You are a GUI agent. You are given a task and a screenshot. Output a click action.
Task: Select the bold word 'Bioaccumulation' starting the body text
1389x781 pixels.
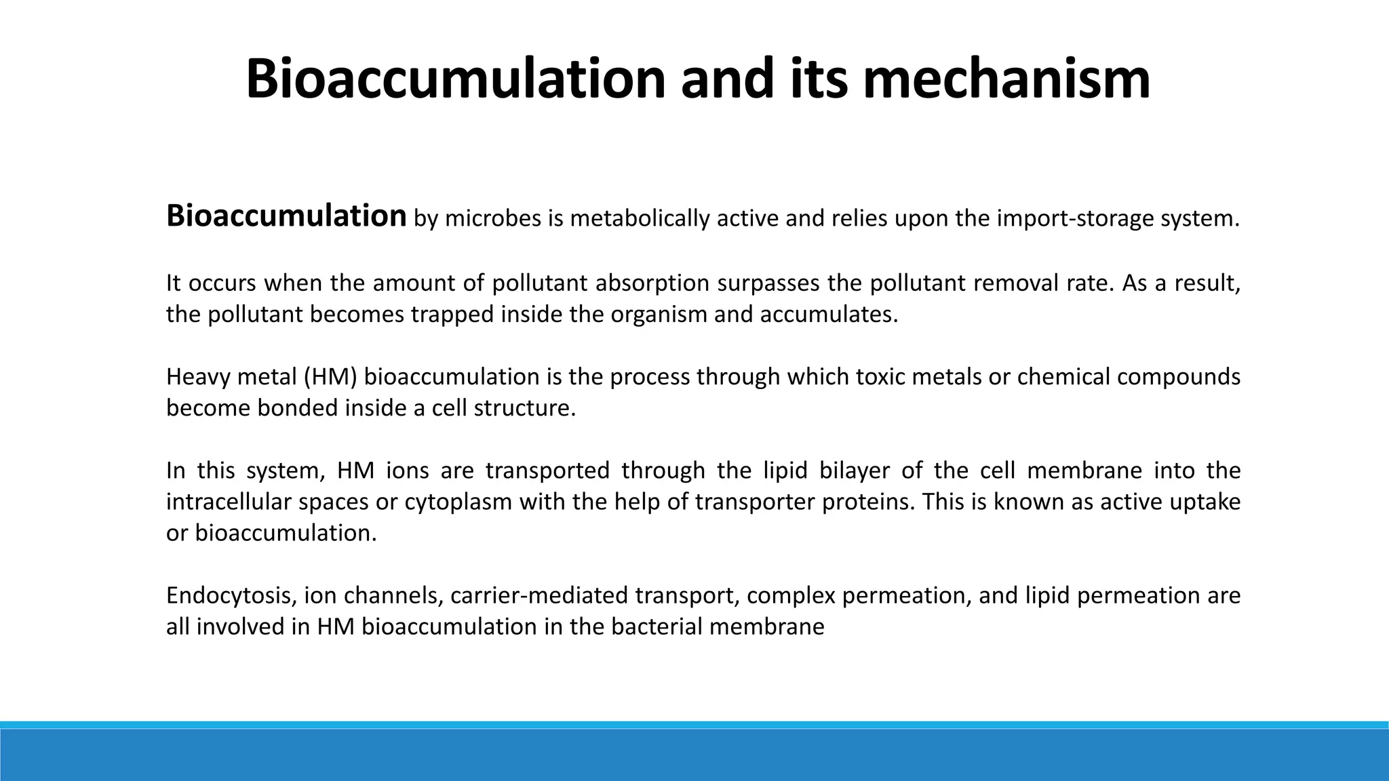286,216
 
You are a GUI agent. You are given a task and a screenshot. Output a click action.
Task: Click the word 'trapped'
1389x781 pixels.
452,315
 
